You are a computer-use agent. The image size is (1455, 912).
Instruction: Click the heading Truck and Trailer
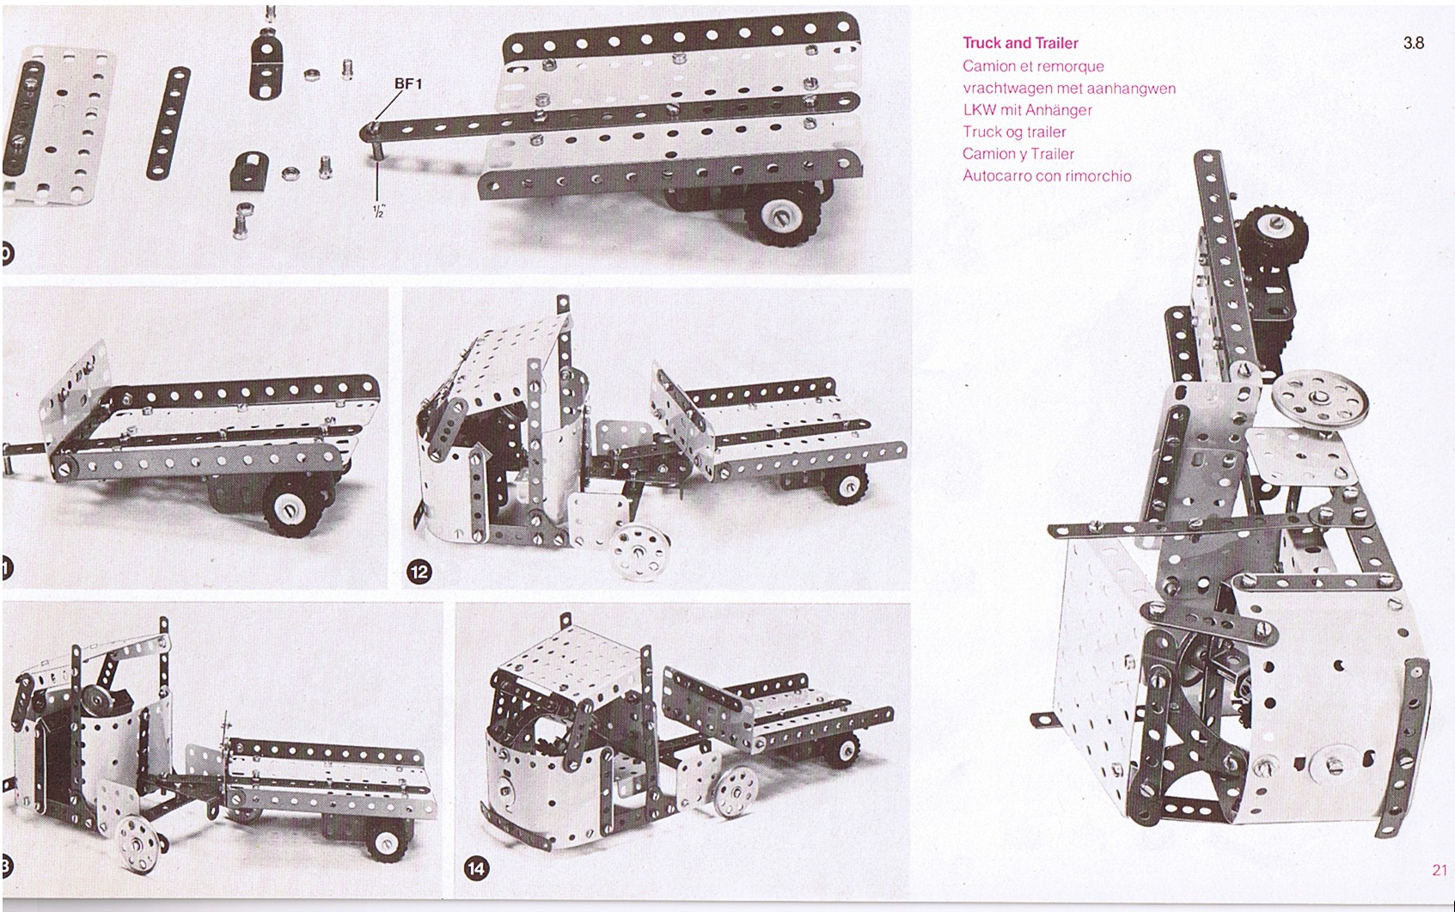pos(1020,43)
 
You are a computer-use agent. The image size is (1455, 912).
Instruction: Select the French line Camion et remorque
pos(1033,66)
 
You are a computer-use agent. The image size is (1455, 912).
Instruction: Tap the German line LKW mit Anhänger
pos(1027,110)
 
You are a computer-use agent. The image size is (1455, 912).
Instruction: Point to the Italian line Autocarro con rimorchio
pos(1047,176)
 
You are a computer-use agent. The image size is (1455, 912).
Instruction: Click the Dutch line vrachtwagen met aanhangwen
pos(1069,89)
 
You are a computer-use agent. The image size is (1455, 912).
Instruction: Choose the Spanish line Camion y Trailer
pos(1018,154)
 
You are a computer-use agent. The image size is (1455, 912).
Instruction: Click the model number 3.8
pos(1413,43)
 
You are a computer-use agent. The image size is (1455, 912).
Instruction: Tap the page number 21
pos(1440,870)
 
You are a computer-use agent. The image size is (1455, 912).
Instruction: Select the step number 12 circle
pos(420,572)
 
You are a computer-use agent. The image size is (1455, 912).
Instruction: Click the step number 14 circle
pos(475,868)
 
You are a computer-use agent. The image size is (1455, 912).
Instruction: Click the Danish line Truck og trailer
pos(1014,132)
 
